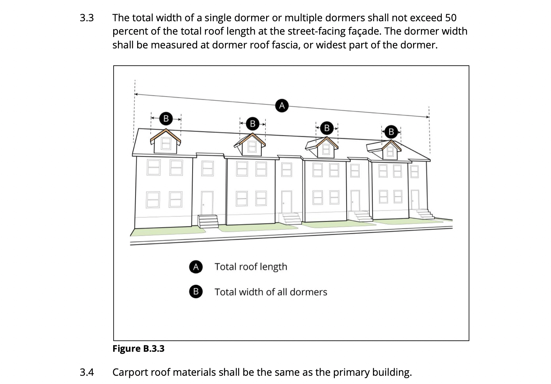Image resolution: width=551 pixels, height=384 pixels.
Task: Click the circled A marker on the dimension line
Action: click(x=281, y=105)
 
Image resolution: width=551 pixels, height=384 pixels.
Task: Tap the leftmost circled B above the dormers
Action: click(x=166, y=118)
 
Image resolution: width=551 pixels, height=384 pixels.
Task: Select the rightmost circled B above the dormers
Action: click(x=391, y=131)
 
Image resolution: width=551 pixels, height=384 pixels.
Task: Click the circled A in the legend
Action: click(x=196, y=267)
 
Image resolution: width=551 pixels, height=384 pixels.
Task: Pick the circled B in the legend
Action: click(x=196, y=292)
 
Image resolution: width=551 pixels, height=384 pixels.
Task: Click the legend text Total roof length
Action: click(x=251, y=267)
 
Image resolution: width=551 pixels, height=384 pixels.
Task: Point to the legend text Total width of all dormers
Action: click(x=271, y=292)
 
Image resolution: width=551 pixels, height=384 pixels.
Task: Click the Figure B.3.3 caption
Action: click(x=138, y=349)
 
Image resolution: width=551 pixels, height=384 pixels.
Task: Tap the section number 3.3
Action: click(x=86, y=18)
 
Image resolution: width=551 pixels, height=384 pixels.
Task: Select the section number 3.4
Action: click(x=86, y=372)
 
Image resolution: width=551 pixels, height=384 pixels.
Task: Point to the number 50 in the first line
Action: click(x=450, y=18)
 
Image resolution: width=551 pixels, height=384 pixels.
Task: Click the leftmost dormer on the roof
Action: click(x=166, y=142)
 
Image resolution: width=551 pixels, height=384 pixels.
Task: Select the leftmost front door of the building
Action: click(x=207, y=203)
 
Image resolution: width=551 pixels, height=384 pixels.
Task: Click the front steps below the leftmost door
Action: click(x=208, y=222)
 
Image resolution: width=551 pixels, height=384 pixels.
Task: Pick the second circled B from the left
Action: click(x=252, y=124)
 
